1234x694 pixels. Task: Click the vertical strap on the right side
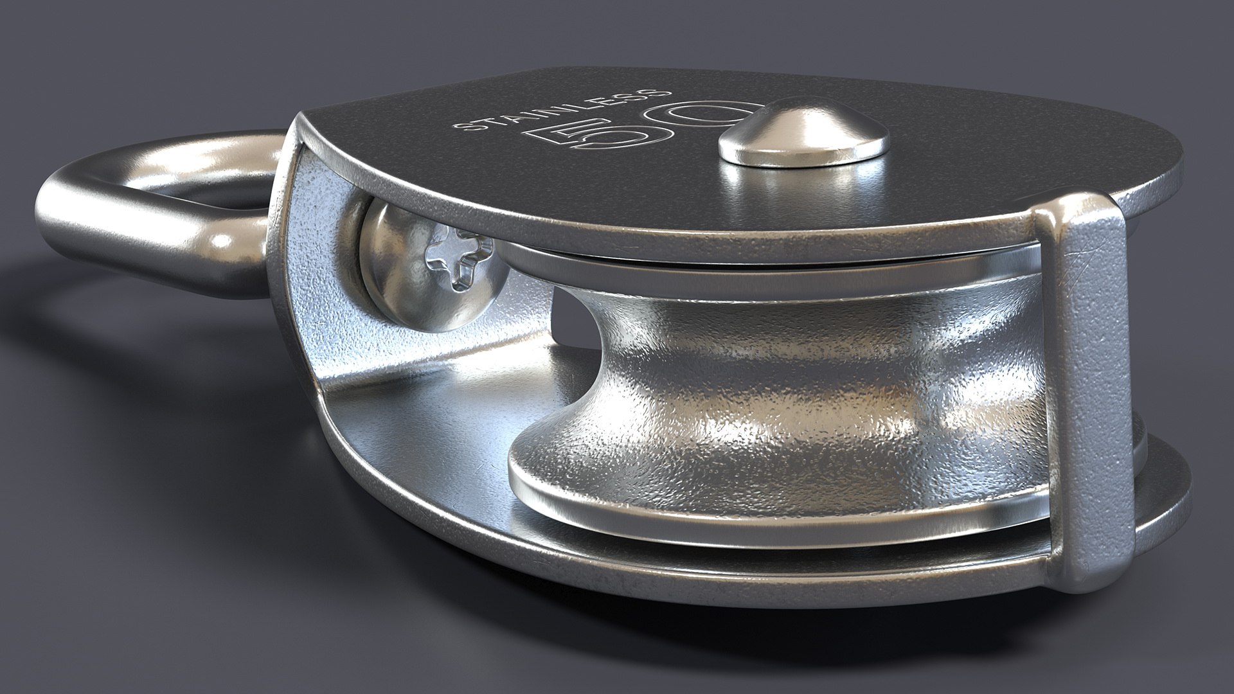[1086, 386]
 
